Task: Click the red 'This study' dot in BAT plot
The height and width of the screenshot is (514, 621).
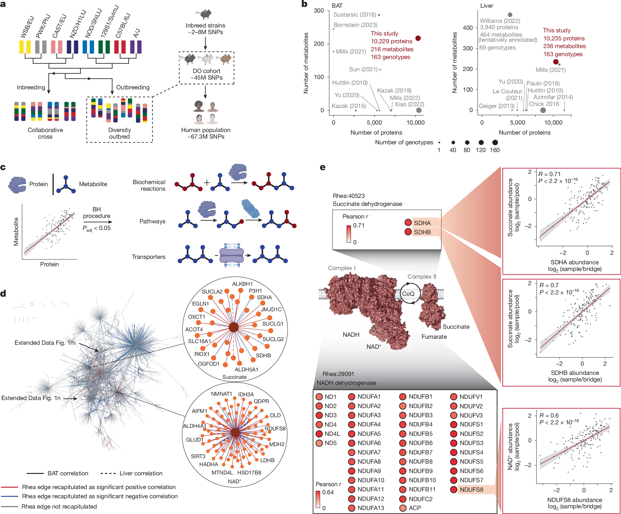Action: (x=418, y=38)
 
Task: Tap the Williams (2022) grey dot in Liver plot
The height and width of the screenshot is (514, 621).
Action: (x=510, y=15)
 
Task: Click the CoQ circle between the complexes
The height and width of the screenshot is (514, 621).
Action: (x=408, y=294)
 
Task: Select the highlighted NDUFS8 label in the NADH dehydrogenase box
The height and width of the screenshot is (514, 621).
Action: (x=471, y=489)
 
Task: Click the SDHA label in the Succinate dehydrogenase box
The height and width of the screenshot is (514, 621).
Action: (x=422, y=223)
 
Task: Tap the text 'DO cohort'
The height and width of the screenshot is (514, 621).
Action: (x=207, y=71)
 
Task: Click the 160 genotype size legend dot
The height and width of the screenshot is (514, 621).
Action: (x=495, y=142)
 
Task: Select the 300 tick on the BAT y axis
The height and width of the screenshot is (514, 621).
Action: (x=319, y=11)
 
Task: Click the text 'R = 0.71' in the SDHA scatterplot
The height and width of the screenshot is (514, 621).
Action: (x=549, y=174)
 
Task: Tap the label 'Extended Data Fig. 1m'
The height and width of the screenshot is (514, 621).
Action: (x=45, y=342)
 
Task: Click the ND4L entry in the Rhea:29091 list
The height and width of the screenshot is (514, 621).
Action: (x=332, y=434)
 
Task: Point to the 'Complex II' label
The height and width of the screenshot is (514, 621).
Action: (x=422, y=276)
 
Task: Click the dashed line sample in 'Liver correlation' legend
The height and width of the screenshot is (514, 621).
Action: (x=108, y=473)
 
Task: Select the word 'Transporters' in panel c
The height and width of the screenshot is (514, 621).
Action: (x=148, y=257)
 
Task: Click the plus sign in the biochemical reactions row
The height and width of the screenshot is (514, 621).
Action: (x=207, y=182)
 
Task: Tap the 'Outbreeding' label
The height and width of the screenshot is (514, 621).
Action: (x=133, y=87)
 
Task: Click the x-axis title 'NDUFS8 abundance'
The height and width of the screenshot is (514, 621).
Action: (x=574, y=500)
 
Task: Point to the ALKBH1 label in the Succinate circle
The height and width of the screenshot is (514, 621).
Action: (x=242, y=284)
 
